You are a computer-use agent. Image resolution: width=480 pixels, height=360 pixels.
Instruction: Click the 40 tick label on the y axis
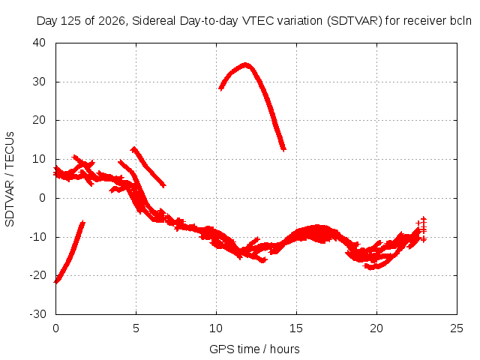pyautogui.click(x=39, y=43)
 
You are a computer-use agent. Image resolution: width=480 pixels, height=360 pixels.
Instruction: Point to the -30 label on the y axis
pyautogui.click(x=37, y=314)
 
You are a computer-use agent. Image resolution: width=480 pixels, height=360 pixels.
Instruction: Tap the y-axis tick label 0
pyautogui.click(x=42, y=198)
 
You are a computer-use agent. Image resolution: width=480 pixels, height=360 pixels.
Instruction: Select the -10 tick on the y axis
pyautogui.click(x=37, y=237)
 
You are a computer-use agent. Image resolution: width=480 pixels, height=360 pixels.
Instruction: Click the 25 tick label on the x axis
pyautogui.click(x=457, y=328)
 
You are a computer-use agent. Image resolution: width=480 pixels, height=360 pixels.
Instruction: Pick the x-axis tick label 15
pyautogui.click(x=296, y=328)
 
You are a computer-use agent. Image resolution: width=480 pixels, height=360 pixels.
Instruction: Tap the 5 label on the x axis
pyautogui.click(x=136, y=328)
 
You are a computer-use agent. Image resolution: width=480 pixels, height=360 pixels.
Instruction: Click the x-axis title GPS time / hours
pyautogui.click(x=254, y=349)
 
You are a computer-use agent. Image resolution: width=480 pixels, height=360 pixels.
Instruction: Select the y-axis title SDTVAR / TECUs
pyautogui.click(x=10, y=179)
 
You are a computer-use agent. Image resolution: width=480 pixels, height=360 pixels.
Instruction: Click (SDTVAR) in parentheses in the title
pyautogui.click(x=355, y=21)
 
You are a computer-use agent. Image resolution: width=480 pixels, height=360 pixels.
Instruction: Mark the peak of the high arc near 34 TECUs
pyautogui.click(x=245, y=65)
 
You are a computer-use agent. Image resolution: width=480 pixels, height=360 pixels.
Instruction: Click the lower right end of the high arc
pyautogui.click(x=284, y=149)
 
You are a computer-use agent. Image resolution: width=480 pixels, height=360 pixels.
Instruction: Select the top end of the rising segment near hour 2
pyautogui.click(x=82, y=223)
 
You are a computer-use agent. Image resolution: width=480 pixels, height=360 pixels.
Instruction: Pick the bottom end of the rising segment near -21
pyautogui.click(x=56, y=281)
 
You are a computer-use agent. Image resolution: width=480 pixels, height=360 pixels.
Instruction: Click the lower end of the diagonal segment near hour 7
pyautogui.click(x=164, y=185)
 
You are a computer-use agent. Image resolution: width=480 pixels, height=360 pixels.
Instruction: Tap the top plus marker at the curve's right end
pyautogui.click(x=423, y=220)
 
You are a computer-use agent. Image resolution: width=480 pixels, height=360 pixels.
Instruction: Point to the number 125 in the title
pyautogui.click(x=71, y=21)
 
